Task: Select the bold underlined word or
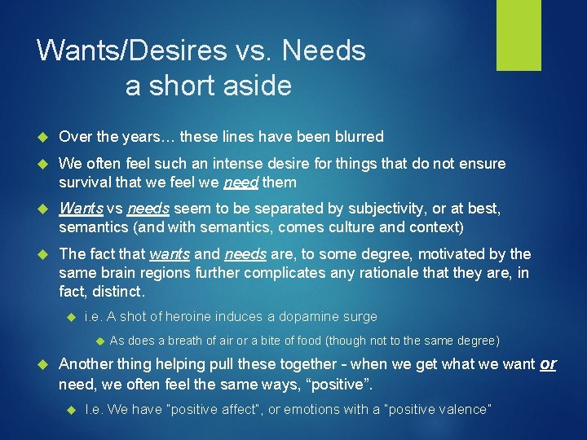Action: coord(548,363)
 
